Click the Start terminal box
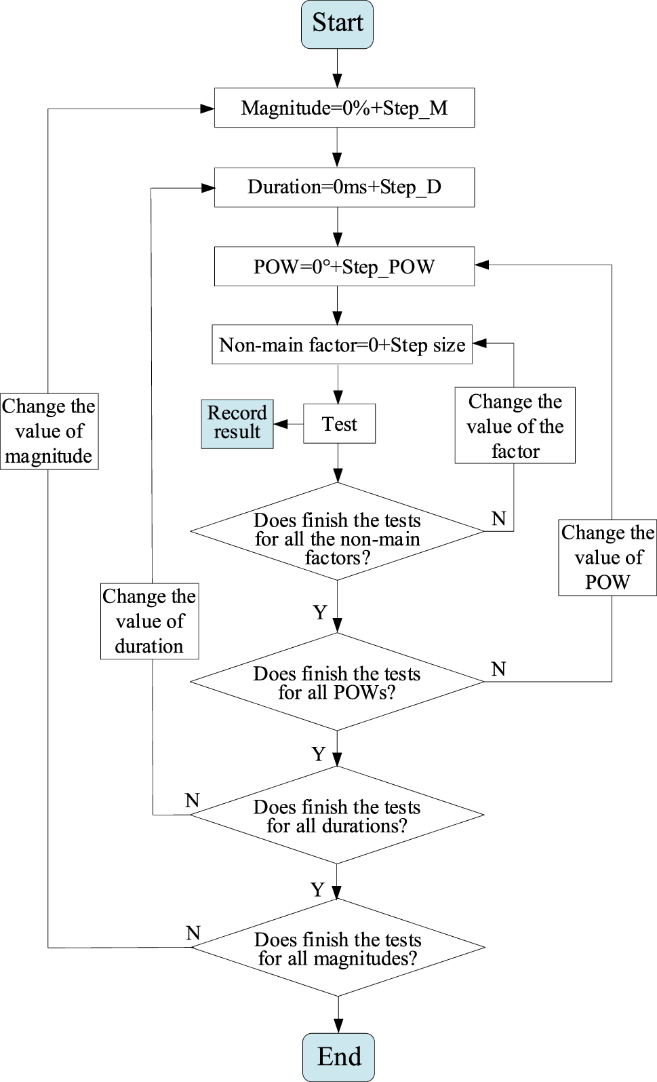(337, 24)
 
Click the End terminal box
(338, 1056)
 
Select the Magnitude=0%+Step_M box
(344, 108)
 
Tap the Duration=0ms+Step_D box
(344, 187)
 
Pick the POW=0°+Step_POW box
(344, 267)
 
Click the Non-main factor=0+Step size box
(342, 345)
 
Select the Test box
(339, 424)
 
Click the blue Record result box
(237, 423)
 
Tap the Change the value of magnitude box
(49, 431)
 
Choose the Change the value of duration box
(149, 621)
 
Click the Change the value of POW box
(608, 557)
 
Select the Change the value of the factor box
(515, 425)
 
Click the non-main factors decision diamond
(337, 531)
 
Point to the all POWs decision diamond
(337, 682)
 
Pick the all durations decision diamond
(337, 815)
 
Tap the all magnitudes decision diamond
(338, 947)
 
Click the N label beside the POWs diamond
(498, 669)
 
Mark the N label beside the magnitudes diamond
(193, 933)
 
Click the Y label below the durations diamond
(317, 889)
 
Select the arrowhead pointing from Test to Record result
(280, 424)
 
